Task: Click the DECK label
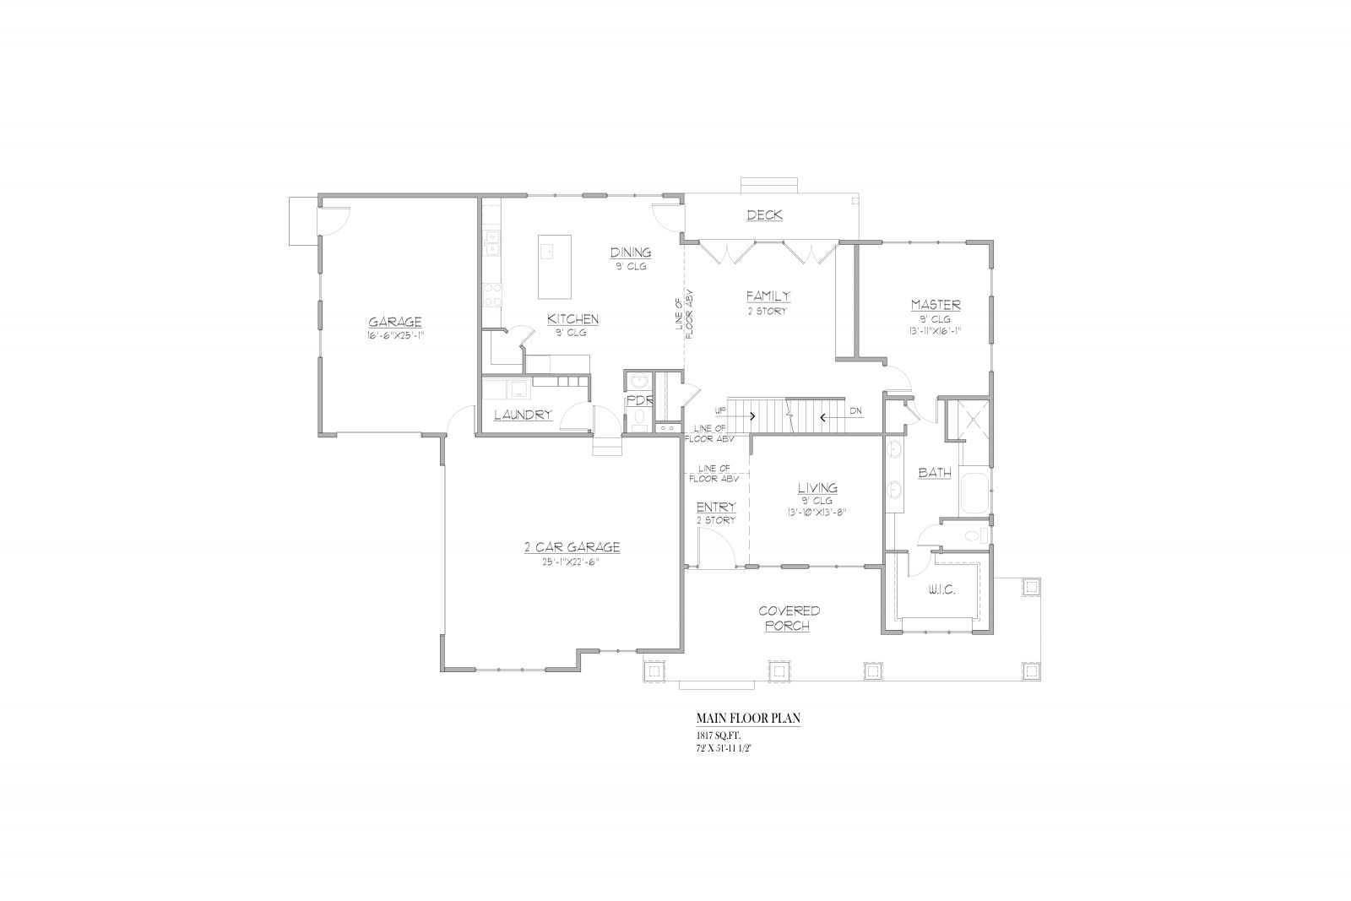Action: [765, 214]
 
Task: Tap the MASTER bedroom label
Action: [936, 305]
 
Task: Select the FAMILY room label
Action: [768, 296]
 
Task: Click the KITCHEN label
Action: [573, 318]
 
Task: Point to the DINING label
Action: [631, 252]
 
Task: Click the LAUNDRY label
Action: [523, 415]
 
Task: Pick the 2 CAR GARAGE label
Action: [572, 547]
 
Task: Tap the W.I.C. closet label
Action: [941, 589]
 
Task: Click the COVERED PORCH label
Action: [789, 618]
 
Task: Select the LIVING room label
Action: [817, 487]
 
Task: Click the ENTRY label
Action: [716, 507]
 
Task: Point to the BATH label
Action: [934, 473]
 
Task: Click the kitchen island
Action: [554, 267]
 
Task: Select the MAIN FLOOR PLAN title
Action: [748, 719]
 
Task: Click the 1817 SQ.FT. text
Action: [719, 735]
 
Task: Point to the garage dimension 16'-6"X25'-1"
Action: [396, 335]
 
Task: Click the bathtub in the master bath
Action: [974, 493]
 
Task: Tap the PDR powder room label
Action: [640, 400]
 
